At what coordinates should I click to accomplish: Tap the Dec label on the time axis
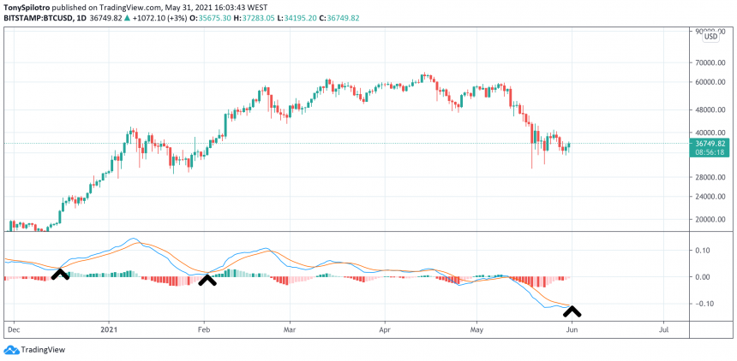coord(13,328)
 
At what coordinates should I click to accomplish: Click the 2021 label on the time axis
coord(108,328)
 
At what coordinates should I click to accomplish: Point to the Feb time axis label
coord(204,328)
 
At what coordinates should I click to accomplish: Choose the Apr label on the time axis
coord(384,328)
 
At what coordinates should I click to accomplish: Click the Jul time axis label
coord(662,328)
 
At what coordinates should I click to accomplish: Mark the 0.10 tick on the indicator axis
coord(703,251)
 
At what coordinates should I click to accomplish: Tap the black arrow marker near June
coord(572,311)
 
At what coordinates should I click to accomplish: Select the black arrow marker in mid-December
coord(60,274)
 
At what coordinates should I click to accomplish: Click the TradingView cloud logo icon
coord(11,349)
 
